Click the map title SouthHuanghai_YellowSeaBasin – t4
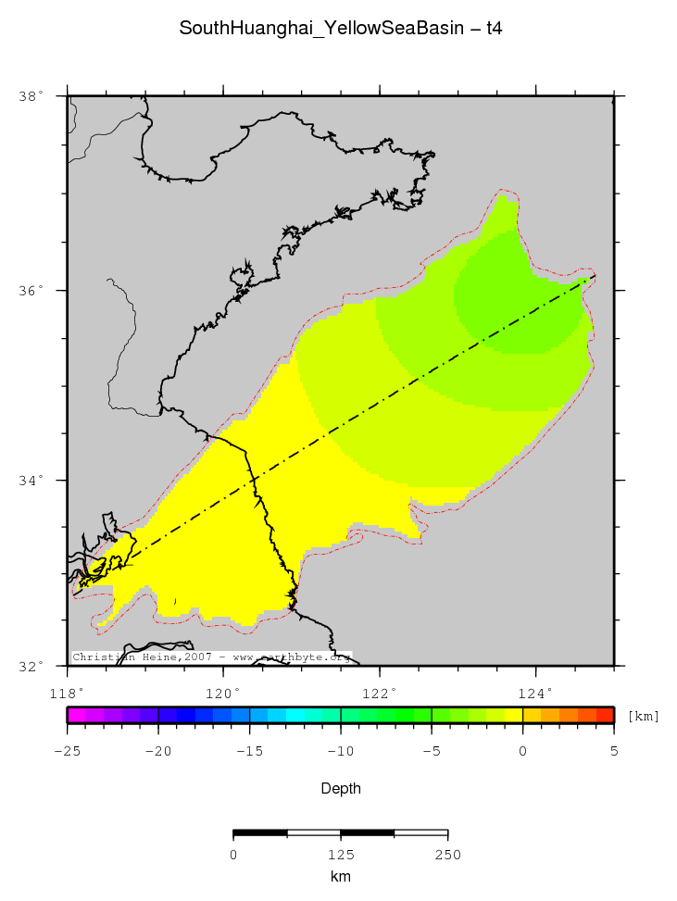click(340, 30)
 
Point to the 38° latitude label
click(31, 96)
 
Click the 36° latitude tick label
click(31, 291)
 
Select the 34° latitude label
click(31, 481)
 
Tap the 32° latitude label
click(31, 666)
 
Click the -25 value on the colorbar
click(67, 751)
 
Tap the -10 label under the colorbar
click(340, 751)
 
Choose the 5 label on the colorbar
click(613, 751)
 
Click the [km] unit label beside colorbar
click(644, 716)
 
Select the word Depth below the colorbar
click(340, 789)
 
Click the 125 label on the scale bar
click(341, 855)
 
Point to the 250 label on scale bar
click(448, 855)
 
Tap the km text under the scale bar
click(340, 876)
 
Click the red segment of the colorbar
click(604, 715)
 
